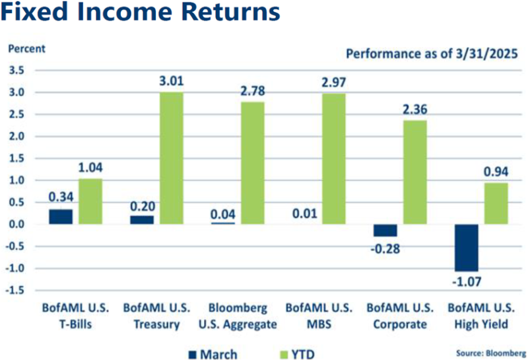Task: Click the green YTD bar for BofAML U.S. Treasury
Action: [170, 159]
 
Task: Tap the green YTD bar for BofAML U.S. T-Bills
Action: [90, 201]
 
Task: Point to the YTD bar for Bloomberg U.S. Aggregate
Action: [251, 163]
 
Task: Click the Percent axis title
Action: [26, 48]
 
